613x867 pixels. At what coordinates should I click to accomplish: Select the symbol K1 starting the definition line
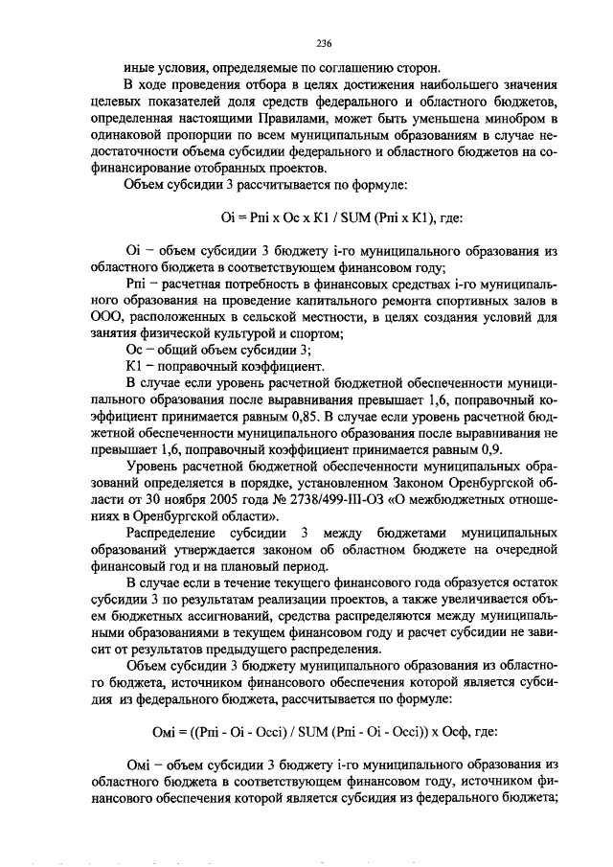134,366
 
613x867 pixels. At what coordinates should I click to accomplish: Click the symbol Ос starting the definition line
135,350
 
